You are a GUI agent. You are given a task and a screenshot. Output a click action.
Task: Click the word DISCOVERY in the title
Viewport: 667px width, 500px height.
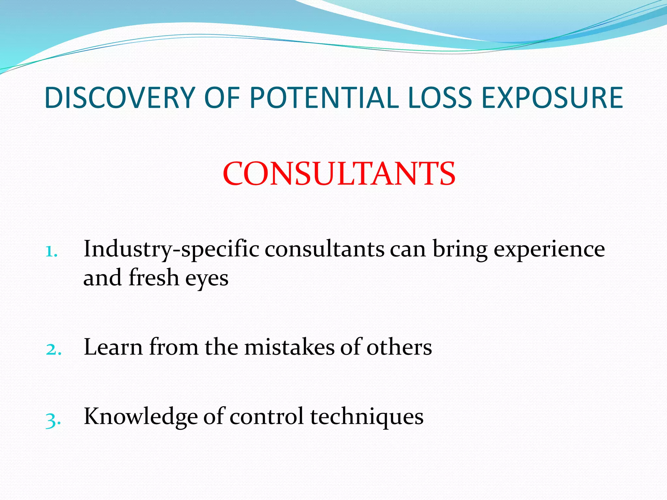(x=120, y=98)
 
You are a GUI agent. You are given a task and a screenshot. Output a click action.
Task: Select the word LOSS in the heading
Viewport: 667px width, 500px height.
(x=440, y=98)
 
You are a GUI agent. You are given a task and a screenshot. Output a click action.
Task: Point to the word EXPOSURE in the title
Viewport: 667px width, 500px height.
(x=552, y=98)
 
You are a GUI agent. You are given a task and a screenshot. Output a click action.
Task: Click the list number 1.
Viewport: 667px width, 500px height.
(x=51, y=251)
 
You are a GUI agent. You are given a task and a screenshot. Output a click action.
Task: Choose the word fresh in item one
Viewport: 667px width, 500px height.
(x=154, y=278)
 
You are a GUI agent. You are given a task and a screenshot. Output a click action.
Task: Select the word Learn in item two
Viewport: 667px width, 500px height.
(x=113, y=347)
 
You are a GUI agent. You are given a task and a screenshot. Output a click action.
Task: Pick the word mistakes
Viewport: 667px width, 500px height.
(x=289, y=347)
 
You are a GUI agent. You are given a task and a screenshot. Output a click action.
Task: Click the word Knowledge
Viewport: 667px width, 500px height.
(x=141, y=417)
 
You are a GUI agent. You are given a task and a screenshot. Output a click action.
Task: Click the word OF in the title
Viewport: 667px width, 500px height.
(x=222, y=98)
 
